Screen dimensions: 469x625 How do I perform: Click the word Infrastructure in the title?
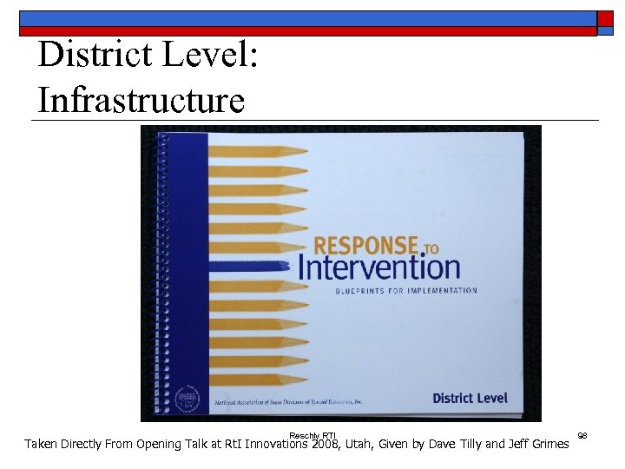141,100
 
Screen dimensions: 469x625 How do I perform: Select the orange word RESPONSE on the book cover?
365,246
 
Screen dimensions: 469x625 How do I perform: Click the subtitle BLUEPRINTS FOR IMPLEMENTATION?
406,291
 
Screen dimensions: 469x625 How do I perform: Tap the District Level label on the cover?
470,398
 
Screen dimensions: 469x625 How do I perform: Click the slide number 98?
582,433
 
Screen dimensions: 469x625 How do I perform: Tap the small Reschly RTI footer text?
312,435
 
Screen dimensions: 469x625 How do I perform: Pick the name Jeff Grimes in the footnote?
537,445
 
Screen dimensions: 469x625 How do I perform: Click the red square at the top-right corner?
606,18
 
